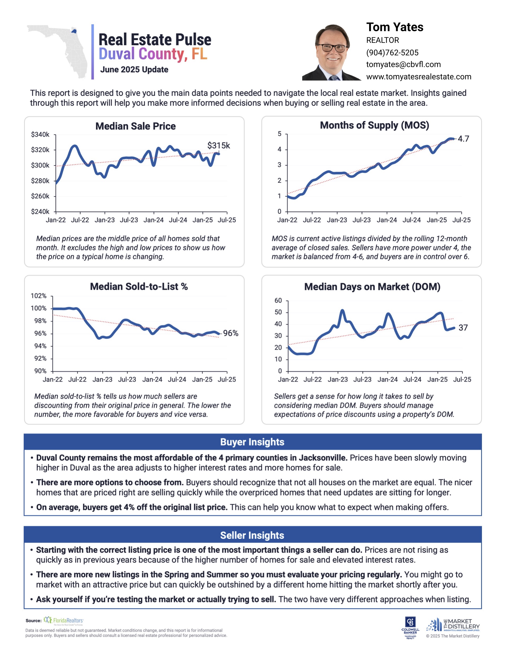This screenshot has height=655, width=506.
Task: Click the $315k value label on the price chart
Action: pos(218,146)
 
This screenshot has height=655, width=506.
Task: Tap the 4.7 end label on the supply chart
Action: pos(463,139)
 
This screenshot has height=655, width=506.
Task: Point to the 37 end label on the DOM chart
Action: pos(463,328)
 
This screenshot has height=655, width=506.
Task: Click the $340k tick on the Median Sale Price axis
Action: pos(40,134)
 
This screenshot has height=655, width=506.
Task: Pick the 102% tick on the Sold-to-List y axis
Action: pos(39,296)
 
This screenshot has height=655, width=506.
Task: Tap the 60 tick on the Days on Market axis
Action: pos(278,301)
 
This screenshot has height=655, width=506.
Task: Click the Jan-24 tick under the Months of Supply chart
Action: pos(387,220)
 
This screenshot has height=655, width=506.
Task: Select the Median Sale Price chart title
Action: pos(135,126)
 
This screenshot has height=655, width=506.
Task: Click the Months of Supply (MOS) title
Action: pos(374,125)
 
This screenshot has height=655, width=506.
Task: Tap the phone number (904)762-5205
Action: pos(392,52)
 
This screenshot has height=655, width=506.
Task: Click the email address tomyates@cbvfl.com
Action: pos(403,65)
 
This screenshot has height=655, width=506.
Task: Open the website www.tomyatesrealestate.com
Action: pos(418,77)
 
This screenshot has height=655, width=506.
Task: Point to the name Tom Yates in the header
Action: pos(394,27)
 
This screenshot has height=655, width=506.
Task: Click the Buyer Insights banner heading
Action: pos(252,442)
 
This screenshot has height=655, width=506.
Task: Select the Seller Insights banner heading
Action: pos(252,535)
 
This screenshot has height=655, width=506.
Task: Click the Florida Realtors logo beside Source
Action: pos(64,621)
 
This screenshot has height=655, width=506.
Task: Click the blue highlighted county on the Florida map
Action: pos(74,31)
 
